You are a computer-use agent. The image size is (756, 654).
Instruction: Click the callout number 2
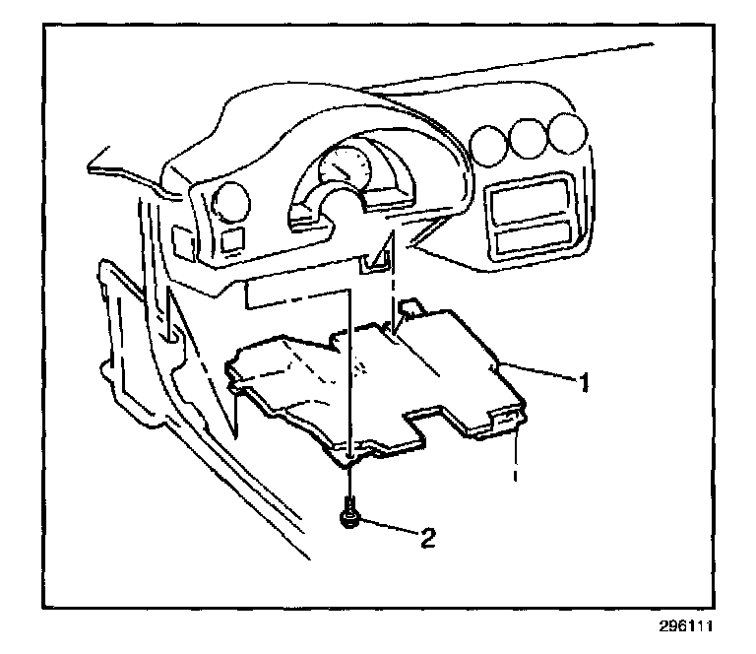coord(427,537)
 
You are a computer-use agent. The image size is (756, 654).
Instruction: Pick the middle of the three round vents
coord(526,138)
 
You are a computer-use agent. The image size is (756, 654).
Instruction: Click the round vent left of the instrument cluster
coord(231,201)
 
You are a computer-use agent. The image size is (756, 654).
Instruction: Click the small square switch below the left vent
coord(231,238)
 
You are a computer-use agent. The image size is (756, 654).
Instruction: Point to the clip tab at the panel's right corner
coord(505,422)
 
